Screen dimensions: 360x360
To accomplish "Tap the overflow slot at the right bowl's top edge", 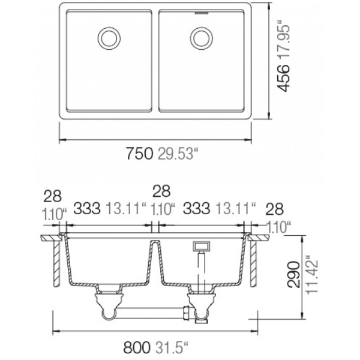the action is [202, 13].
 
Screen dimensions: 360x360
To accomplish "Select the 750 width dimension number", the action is [139, 153].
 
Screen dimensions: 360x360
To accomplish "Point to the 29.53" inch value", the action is [178, 153].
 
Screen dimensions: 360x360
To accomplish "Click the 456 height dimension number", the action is [283, 77].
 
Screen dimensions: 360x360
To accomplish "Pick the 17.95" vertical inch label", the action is [283, 41].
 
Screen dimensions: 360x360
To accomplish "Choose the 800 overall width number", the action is [137, 347].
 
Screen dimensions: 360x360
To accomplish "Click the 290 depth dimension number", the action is [293, 274].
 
